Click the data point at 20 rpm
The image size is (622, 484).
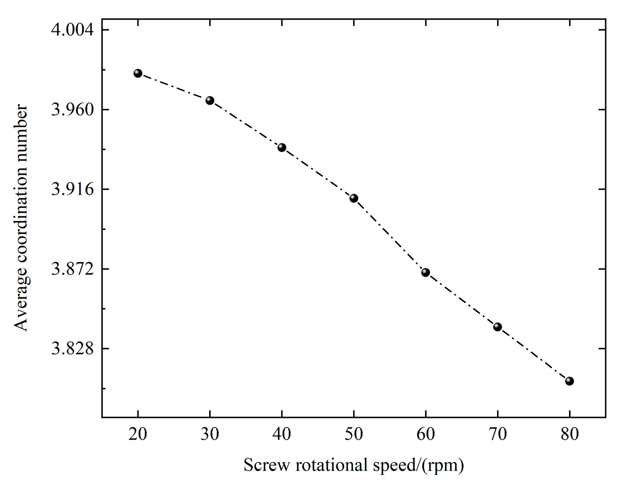click(138, 73)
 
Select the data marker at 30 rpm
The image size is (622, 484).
click(210, 100)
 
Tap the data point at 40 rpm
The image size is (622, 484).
click(282, 148)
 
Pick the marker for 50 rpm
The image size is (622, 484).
click(354, 198)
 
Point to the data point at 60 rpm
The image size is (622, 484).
click(426, 272)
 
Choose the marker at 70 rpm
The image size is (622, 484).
click(497, 327)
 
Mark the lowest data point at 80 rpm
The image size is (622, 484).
click(570, 381)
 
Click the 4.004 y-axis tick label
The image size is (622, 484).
click(72, 30)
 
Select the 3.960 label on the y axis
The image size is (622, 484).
click(72, 110)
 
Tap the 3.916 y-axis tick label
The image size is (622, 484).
click(72, 189)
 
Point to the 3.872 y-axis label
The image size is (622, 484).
click(72, 269)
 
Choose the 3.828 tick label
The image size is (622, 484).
click(72, 348)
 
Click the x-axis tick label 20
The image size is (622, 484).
click(138, 434)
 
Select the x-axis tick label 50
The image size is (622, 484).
click(354, 434)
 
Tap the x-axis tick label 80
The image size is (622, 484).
click(570, 434)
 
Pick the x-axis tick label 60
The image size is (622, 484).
click(426, 434)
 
